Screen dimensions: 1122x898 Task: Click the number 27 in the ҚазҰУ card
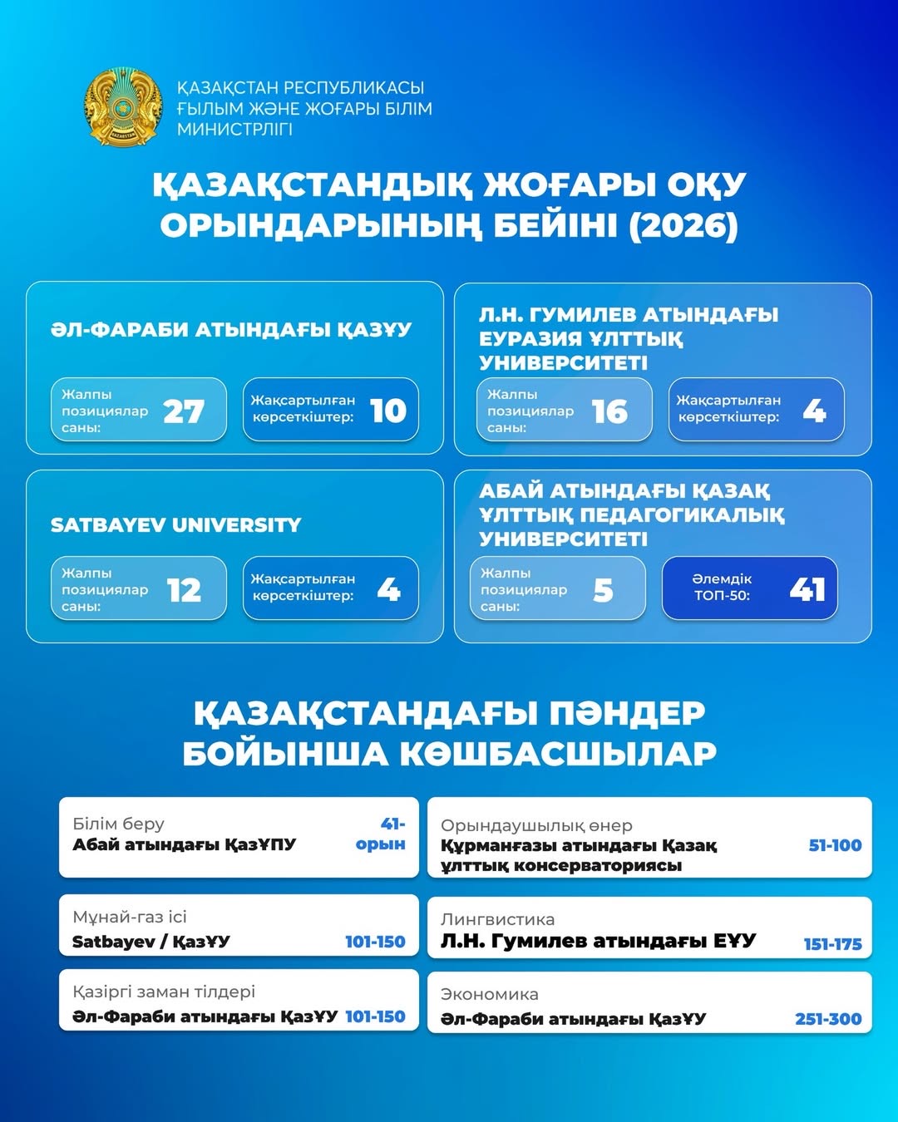click(x=184, y=411)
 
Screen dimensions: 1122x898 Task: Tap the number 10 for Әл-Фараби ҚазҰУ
click(x=388, y=411)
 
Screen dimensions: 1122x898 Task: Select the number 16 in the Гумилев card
click(x=609, y=411)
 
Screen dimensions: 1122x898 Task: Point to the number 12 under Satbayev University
click(x=184, y=590)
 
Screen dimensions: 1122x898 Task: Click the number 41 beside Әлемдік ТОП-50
click(x=807, y=589)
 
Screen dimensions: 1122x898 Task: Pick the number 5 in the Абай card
click(x=604, y=590)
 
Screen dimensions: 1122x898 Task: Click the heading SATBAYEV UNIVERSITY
click(x=175, y=525)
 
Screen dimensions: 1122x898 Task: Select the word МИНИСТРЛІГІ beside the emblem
click(x=234, y=129)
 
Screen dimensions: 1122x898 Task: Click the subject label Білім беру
click(x=118, y=824)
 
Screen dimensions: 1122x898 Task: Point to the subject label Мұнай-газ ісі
click(x=130, y=917)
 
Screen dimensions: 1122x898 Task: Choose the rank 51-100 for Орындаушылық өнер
click(x=835, y=845)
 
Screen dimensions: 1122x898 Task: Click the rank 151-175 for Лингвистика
click(x=832, y=944)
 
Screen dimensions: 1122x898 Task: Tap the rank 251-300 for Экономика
click(x=828, y=1019)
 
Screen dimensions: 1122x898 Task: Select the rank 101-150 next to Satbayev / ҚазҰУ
click(x=375, y=942)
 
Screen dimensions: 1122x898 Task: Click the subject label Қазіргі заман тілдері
click(x=164, y=992)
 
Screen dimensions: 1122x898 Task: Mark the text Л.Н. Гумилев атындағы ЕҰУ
click(x=598, y=941)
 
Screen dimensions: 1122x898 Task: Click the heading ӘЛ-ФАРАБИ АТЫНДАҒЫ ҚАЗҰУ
click(x=231, y=330)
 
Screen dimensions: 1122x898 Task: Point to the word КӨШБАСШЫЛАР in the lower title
click(x=558, y=754)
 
